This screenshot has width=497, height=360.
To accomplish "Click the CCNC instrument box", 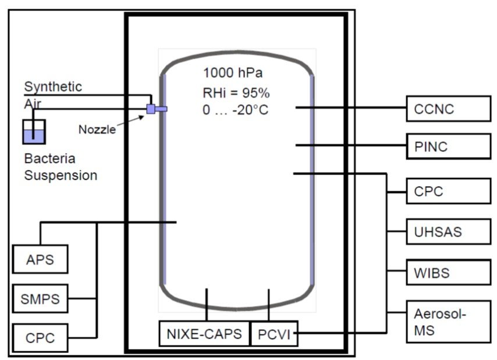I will pos(448,108).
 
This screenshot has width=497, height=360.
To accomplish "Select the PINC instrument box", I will pos(448,145).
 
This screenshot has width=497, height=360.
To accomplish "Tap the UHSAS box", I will pos(448,232).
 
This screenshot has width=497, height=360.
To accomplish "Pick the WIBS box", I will pos(448,273).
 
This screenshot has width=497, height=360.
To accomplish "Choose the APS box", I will pos(40,259).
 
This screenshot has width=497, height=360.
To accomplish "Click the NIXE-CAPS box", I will pos(204,333).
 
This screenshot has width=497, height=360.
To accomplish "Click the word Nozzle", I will pos(97,129).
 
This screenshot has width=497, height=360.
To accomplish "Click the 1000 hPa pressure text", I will pos(233,73).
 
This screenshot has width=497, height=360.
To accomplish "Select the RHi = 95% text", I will pos(235,92).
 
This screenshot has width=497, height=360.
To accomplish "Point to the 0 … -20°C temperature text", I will pos(236,110).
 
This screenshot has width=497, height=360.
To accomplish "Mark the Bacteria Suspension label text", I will pos(61,167).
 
